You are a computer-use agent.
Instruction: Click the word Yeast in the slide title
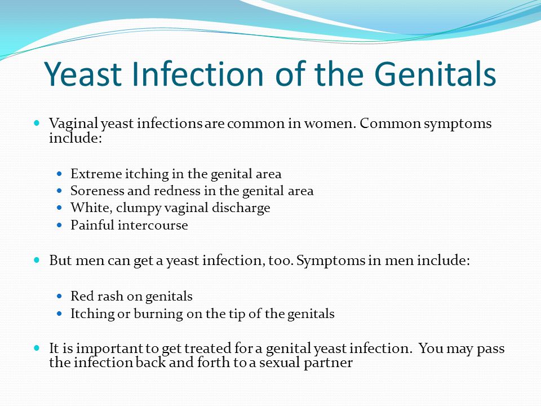pos(83,73)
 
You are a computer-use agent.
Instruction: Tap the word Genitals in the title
pos(435,73)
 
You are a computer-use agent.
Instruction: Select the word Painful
pos(92,225)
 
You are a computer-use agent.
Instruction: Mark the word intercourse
pos(153,225)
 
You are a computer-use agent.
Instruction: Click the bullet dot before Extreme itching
pos(60,174)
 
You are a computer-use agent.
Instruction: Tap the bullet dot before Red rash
pos(60,296)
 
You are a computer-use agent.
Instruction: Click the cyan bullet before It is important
pos(37,348)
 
